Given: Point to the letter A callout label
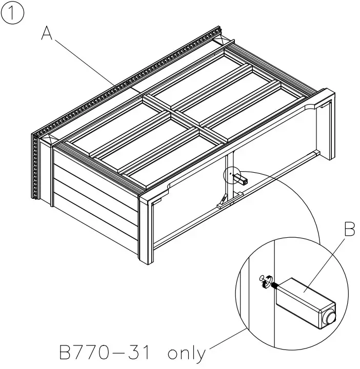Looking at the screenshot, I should pyautogui.click(x=47, y=33).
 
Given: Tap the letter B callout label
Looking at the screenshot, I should pyautogui.click(x=349, y=230).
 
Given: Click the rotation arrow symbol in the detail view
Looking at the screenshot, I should pyautogui.click(x=264, y=279).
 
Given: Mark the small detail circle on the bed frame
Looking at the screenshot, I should pyautogui.click(x=232, y=175).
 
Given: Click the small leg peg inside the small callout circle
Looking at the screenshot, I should pyautogui.click(x=243, y=181).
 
